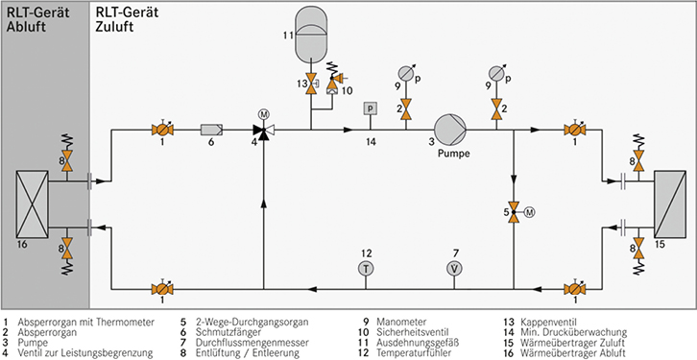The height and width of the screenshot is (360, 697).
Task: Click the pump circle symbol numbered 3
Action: tap(450, 130)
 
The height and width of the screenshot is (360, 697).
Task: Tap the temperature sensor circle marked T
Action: tap(366, 268)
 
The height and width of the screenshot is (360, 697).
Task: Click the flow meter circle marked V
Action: tap(454, 268)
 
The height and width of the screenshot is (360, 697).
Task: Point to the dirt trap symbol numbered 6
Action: tap(211, 130)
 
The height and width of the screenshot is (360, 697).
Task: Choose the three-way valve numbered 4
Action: tap(264, 131)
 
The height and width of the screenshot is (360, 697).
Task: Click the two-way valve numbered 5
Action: tap(514, 212)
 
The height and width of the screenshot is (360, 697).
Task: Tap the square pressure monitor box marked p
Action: tap(370, 108)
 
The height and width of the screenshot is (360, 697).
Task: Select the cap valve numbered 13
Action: tap(311, 84)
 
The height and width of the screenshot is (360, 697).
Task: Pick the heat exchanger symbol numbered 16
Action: tap(32, 204)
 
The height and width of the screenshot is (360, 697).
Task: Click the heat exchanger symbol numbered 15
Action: tap(669, 204)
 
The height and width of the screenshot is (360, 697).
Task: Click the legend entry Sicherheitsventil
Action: tap(413, 332)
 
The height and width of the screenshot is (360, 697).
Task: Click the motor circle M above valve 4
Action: tap(264, 115)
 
